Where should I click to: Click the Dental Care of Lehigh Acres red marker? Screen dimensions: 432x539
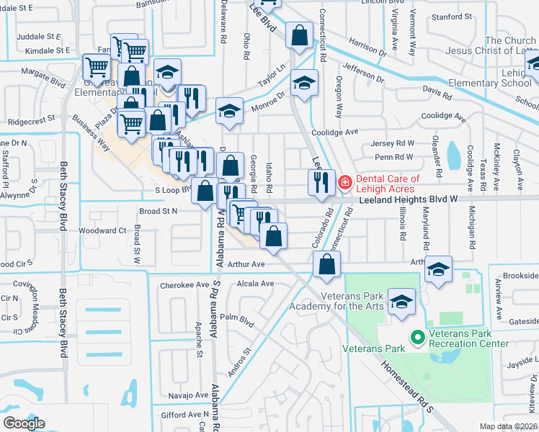(x=344, y=183)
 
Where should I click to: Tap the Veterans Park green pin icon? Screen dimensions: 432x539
(x=416, y=336)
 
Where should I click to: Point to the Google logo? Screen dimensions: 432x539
(x=24, y=423)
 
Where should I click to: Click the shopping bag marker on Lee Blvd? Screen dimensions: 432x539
(x=298, y=35)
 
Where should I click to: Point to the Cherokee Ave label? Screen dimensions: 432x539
(x=184, y=284)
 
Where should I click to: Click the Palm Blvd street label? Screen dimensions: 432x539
(x=238, y=318)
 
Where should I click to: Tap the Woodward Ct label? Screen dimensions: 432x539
(x=102, y=230)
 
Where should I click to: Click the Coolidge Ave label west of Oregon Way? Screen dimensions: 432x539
(x=334, y=132)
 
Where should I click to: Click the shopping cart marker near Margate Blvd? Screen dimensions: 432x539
(x=97, y=68)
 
